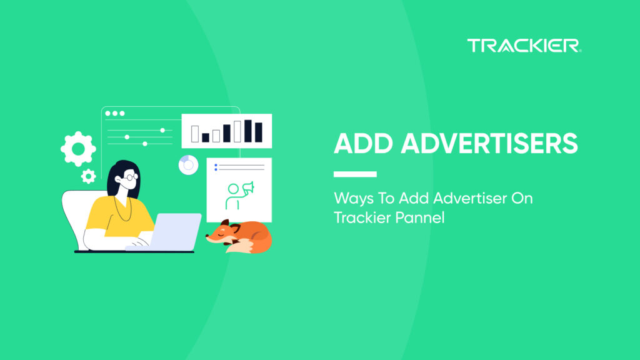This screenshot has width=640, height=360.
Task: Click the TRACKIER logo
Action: (524, 46)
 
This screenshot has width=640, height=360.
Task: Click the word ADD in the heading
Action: (363, 144)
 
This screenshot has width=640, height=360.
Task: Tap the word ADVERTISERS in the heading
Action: (489, 144)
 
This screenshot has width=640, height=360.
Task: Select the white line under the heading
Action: (355, 174)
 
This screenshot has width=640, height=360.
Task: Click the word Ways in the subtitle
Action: (352, 199)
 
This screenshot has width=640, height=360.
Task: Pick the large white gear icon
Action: (78, 148)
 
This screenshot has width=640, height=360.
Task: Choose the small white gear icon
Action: (88, 176)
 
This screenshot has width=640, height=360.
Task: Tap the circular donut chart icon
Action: (187, 165)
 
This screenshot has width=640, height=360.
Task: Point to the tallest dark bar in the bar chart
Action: (247, 131)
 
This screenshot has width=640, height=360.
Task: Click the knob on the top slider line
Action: (162, 130)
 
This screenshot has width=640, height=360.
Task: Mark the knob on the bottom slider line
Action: (145, 144)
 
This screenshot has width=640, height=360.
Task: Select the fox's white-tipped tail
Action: (241, 249)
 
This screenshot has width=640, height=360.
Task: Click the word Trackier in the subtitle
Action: (359, 218)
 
